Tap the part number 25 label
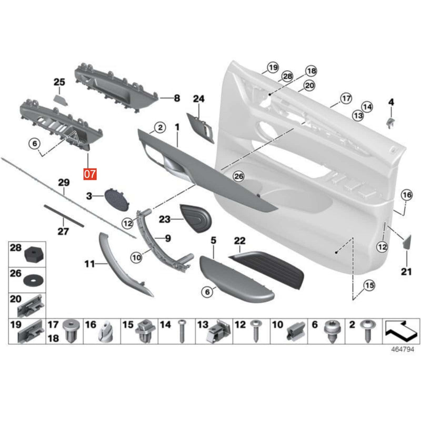(x=59, y=82)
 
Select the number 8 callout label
(x=176, y=98)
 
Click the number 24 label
(x=198, y=99)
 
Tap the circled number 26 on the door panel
(x=238, y=177)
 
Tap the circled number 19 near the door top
(x=272, y=67)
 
